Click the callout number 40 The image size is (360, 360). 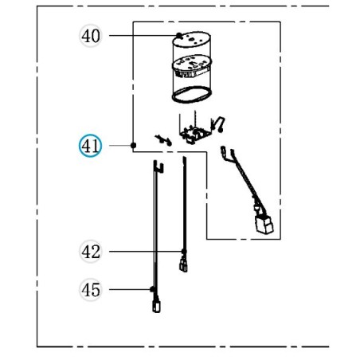[92, 36]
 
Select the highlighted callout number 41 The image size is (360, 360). [90, 147]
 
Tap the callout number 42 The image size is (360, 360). [92, 252]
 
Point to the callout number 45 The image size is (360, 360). [92, 289]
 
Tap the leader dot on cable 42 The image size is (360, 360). [184, 252]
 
